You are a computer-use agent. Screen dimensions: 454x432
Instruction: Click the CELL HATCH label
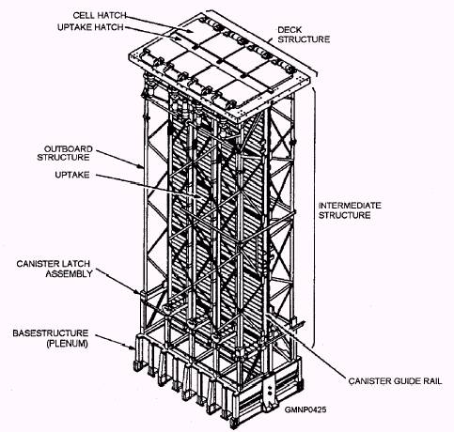pyautogui.click(x=100, y=15)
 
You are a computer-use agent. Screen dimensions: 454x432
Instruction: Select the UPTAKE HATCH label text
pyautogui.click(x=90, y=27)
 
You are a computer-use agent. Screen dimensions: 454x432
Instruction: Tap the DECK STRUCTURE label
pyautogui.click(x=304, y=35)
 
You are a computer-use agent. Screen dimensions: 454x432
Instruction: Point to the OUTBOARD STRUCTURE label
pyautogui.click(x=65, y=153)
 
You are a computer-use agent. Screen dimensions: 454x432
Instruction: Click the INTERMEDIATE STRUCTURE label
pyautogui.click(x=350, y=210)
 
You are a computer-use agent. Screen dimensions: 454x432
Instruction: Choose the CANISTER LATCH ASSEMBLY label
pyautogui.click(x=55, y=269)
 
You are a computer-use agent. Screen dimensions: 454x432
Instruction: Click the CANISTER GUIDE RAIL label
pyautogui.click(x=395, y=381)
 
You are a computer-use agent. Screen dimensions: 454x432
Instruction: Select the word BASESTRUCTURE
pyautogui.click(x=51, y=333)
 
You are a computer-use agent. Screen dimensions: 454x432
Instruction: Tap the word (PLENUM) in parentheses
pyautogui.click(x=67, y=344)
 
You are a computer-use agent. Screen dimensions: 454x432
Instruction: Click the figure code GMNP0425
pyautogui.click(x=305, y=409)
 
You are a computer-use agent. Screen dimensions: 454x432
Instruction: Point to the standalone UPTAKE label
pyautogui.click(x=72, y=175)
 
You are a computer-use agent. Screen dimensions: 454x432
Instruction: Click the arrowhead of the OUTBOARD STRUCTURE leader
pyautogui.click(x=142, y=166)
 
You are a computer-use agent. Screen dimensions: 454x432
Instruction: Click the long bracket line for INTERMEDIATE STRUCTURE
pyautogui.click(x=314, y=216)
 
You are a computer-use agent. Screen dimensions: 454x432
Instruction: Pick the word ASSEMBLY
pyautogui.click(x=69, y=273)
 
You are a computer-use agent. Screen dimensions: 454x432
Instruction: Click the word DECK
pyautogui.click(x=290, y=30)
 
